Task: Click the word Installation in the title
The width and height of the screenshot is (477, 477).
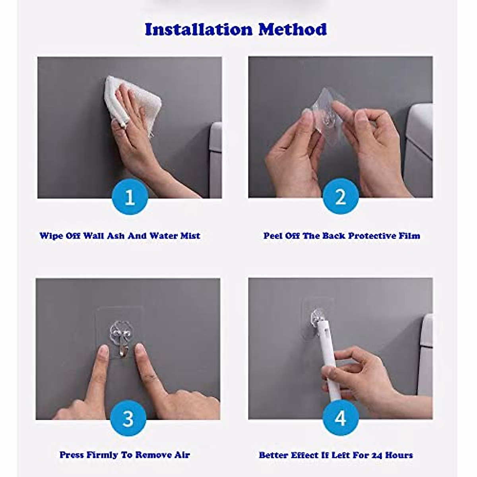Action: (x=198, y=29)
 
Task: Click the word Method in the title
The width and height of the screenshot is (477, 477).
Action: (x=293, y=29)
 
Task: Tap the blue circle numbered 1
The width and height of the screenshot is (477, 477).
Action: (x=130, y=197)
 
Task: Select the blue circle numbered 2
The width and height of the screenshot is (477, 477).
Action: (x=341, y=196)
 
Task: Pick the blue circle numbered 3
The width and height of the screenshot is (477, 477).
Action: (x=128, y=418)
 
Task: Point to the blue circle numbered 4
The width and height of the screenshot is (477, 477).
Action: (x=341, y=418)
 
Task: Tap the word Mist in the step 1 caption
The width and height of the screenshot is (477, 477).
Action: (x=190, y=236)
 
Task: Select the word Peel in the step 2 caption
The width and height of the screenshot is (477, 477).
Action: (x=273, y=236)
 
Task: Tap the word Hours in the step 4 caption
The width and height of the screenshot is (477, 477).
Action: (x=399, y=455)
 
